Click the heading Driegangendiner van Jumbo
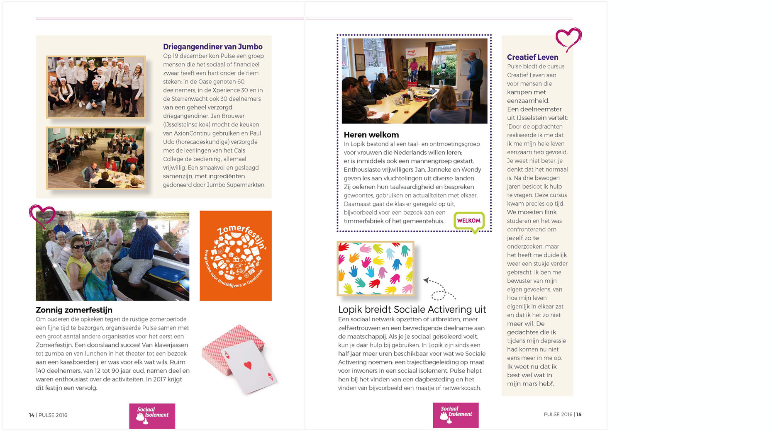point(212,47)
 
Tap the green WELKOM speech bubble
point(469,221)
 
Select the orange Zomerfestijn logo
point(236,255)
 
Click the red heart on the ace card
point(248,365)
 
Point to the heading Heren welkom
point(371,135)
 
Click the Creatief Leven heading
point(532,57)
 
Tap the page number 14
point(32,415)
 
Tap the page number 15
point(579,414)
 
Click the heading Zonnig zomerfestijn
point(74,310)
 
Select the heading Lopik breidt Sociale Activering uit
point(412,309)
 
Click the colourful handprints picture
point(375,268)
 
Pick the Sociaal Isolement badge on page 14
point(152,416)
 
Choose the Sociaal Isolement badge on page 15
point(456,415)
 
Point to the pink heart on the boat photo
point(42,215)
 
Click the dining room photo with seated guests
point(96,158)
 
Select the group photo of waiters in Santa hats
point(96,87)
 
